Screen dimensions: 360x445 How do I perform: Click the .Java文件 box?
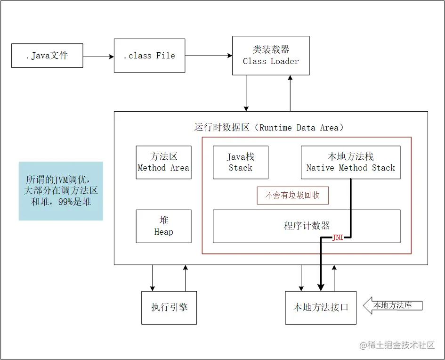pos(47,56)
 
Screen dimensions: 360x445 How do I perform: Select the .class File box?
pos(149,56)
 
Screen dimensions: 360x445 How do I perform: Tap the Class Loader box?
pos(271,55)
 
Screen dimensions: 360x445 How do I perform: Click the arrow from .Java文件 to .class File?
pos(98,57)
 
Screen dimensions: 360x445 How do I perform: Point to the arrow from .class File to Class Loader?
pos(209,56)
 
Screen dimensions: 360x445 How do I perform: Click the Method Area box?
pos(163,162)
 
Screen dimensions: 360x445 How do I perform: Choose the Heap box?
pos(163,226)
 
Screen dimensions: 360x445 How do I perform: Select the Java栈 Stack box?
pos(240,162)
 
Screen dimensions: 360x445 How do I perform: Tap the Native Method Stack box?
pos(350,162)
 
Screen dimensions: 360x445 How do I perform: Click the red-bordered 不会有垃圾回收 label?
pos(292,195)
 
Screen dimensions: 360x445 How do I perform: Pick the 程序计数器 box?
pos(307,226)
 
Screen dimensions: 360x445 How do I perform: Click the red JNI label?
pos(338,237)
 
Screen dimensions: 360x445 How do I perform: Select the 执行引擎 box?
pos(169,307)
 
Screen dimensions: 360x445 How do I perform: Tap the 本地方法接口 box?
pos(321,307)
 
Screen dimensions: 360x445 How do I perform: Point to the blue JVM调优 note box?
pos(61,191)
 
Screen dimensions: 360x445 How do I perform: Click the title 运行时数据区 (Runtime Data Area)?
pos(269,128)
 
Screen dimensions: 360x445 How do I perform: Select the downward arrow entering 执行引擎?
pos(152,278)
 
